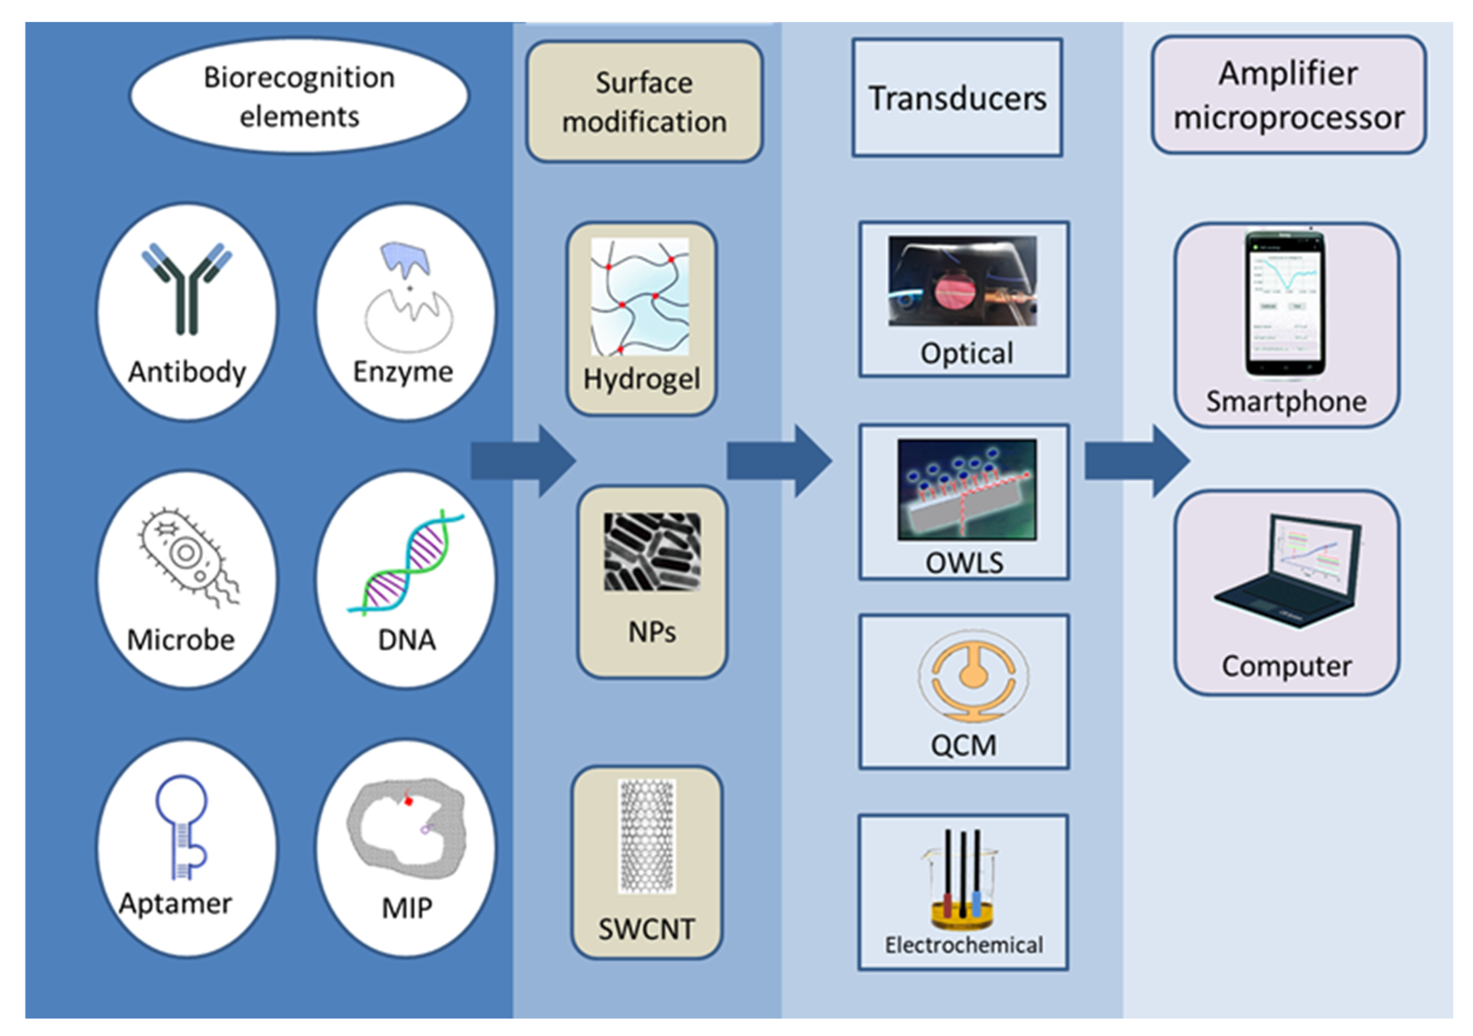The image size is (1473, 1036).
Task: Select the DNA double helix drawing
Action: (x=406, y=562)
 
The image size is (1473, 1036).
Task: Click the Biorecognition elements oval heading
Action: (x=299, y=96)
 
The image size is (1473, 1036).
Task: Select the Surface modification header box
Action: (x=644, y=101)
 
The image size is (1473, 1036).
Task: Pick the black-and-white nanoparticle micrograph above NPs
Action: (x=652, y=551)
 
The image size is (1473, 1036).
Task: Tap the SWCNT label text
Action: (x=646, y=929)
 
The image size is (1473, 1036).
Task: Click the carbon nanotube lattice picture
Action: (x=646, y=836)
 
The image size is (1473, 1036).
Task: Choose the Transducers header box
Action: (x=957, y=98)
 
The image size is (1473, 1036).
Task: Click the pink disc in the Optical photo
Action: (x=955, y=291)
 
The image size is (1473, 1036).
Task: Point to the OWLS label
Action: (x=964, y=564)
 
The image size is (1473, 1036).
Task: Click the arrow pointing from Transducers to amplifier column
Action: (x=1136, y=461)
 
